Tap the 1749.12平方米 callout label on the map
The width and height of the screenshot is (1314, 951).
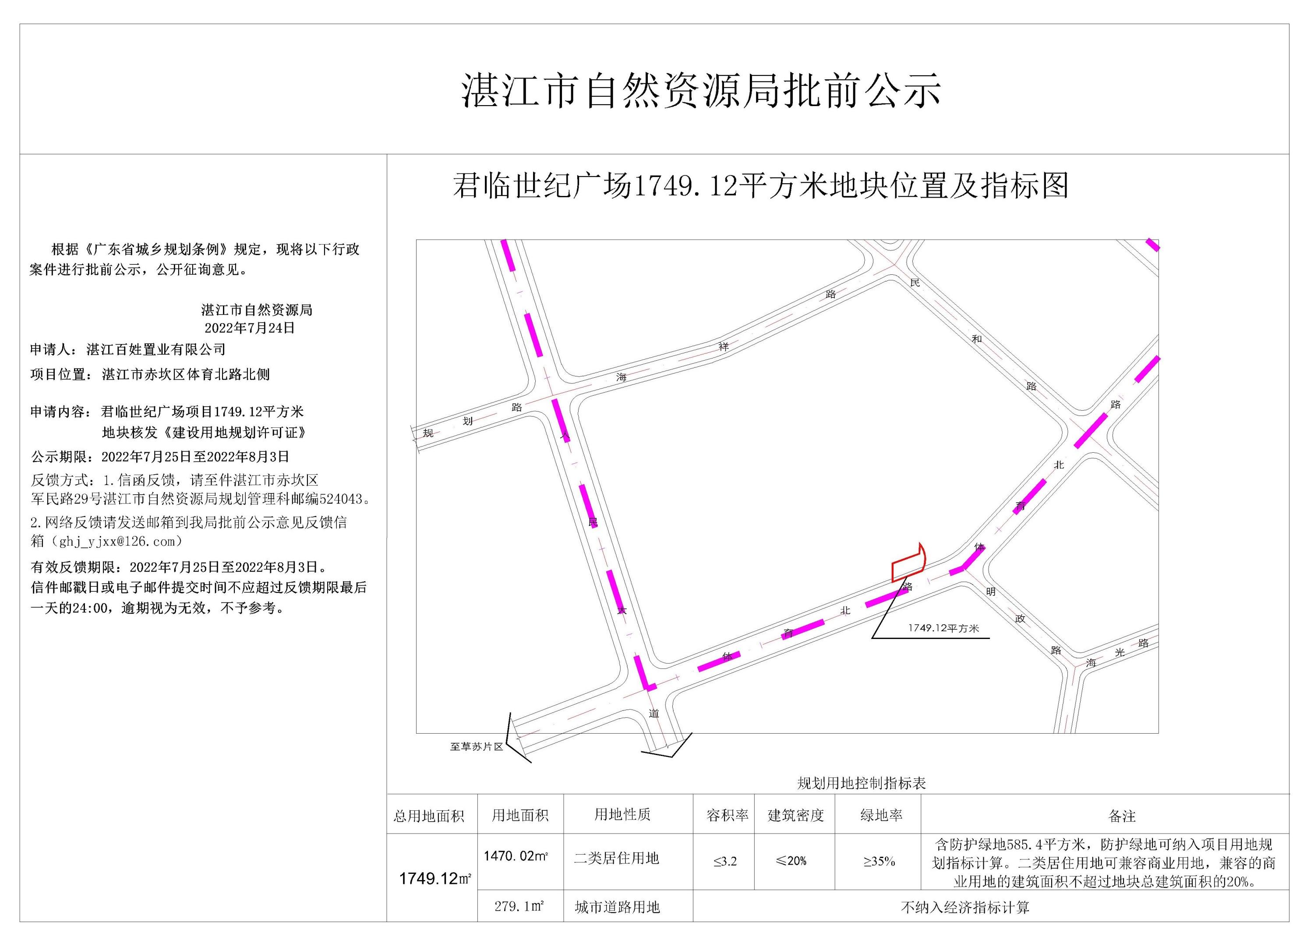pos(943,628)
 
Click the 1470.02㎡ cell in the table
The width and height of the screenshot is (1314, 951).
pos(516,856)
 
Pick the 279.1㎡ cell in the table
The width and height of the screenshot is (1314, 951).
pos(519,906)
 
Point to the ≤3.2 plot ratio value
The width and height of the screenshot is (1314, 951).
pos(725,861)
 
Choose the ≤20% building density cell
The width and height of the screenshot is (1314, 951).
pos(791,861)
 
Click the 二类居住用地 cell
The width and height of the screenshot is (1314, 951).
pos(616,858)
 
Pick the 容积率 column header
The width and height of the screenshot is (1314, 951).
pos(727,816)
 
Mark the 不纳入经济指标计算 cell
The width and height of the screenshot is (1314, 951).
pos(964,908)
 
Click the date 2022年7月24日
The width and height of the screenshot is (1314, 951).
pos(250,328)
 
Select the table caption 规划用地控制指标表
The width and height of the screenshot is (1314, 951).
pos(862,784)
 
